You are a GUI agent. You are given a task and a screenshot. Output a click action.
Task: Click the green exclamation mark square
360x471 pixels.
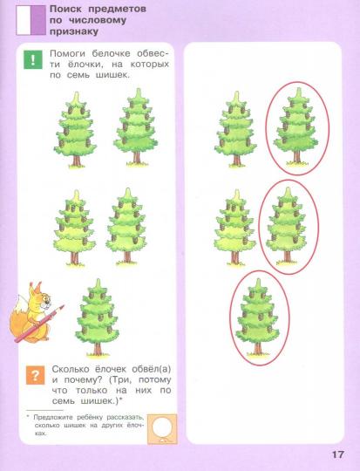click(33, 59)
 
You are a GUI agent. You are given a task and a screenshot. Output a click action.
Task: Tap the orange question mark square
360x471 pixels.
click(35, 375)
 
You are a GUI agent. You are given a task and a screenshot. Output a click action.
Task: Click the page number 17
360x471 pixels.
click(338, 454)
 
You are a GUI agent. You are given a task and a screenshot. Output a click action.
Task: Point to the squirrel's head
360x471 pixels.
click(42, 297)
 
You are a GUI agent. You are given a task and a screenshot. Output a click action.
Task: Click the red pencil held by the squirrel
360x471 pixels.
click(39, 324)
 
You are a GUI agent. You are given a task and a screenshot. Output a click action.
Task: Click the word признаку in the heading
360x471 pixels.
click(74, 31)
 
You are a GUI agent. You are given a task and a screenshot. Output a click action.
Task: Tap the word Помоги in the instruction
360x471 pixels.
click(69, 53)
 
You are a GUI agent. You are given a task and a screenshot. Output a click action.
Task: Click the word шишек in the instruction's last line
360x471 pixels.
click(112, 75)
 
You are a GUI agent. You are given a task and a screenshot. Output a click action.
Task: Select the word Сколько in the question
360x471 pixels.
click(71, 369)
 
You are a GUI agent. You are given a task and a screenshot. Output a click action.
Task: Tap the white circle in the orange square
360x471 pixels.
click(162, 427)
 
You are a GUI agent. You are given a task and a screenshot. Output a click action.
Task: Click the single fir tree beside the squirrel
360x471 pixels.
click(97, 317)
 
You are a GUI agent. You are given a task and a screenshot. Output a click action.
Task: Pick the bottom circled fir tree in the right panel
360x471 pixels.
click(258, 317)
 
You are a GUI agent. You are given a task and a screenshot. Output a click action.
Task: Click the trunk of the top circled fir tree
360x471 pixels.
click(296, 156)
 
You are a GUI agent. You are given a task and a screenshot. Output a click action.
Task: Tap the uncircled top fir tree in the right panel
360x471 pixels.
click(235, 129)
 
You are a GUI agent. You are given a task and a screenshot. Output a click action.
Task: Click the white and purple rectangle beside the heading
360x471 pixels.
click(31, 20)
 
